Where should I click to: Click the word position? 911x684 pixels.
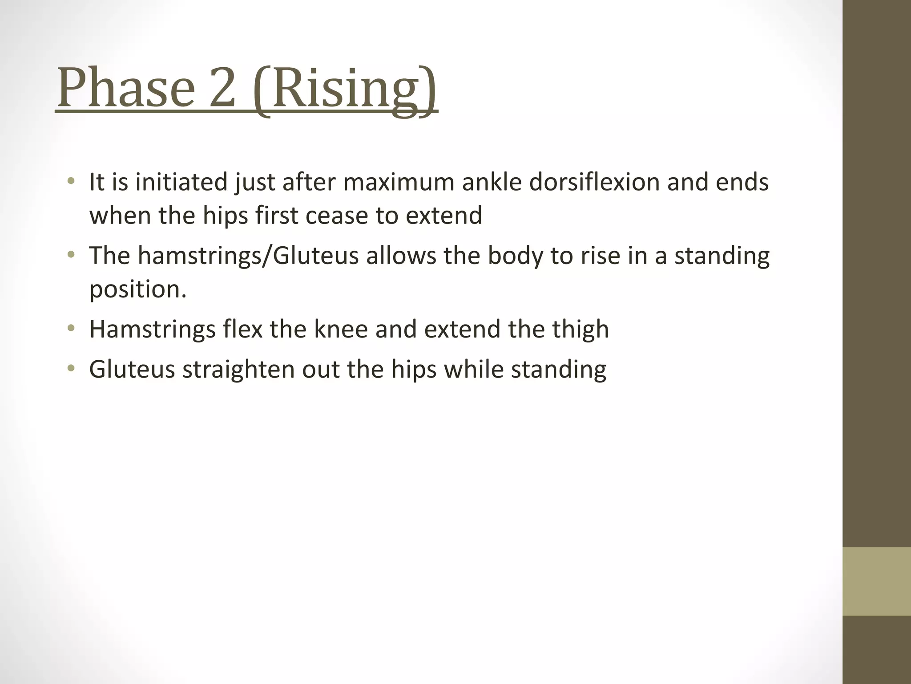(x=137, y=290)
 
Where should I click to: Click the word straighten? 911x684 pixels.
(x=238, y=370)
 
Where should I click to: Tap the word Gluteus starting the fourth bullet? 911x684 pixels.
(x=132, y=370)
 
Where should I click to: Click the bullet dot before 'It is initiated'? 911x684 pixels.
(x=70, y=181)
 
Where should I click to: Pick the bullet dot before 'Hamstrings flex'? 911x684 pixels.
(x=70, y=329)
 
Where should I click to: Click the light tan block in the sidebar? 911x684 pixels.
(x=876, y=581)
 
